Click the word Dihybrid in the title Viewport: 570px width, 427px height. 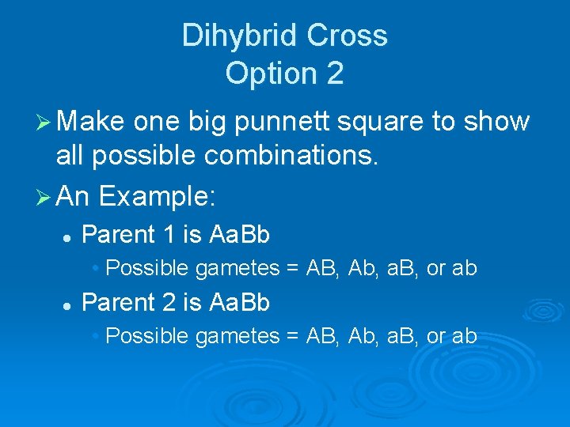pyautogui.click(x=234, y=36)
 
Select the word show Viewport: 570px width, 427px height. pyautogui.click(x=499, y=122)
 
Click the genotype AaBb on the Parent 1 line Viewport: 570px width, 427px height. pyautogui.click(x=239, y=235)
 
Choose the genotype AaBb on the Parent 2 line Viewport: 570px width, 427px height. pyautogui.click(x=239, y=303)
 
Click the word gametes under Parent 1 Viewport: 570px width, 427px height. pyautogui.click(x=237, y=269)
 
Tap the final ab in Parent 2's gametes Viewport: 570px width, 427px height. pyautogui.click(x=463, y=336)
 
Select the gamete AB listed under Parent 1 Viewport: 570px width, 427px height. pyautogui.click(x=318, y=268)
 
